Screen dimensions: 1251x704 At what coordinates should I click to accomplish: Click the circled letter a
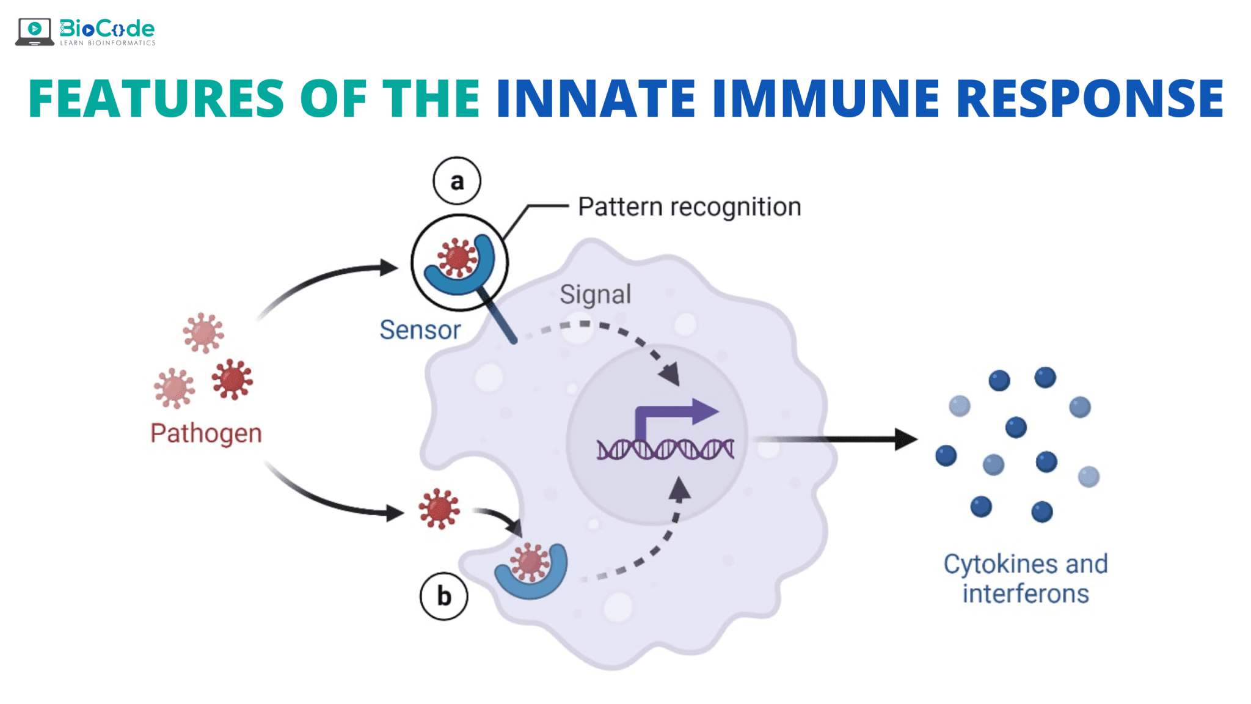457,181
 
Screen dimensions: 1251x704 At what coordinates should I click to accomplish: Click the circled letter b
444,596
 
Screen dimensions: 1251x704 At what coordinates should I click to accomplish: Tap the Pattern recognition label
690,207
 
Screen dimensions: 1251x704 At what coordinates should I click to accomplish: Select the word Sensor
420,330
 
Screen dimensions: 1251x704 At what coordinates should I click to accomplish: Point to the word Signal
596,295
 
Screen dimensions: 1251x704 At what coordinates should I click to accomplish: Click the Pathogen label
206,433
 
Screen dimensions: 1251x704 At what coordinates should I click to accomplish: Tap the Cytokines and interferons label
1026,579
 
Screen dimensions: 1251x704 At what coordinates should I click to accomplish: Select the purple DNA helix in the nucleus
665,449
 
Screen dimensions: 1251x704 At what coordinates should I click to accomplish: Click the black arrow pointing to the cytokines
837,439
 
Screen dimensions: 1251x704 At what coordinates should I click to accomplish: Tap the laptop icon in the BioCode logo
35,32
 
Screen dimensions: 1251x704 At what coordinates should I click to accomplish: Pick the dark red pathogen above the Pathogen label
232,379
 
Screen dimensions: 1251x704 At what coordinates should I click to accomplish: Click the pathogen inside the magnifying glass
457,257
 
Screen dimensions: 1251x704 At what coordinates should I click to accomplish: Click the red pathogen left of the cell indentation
439,508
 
